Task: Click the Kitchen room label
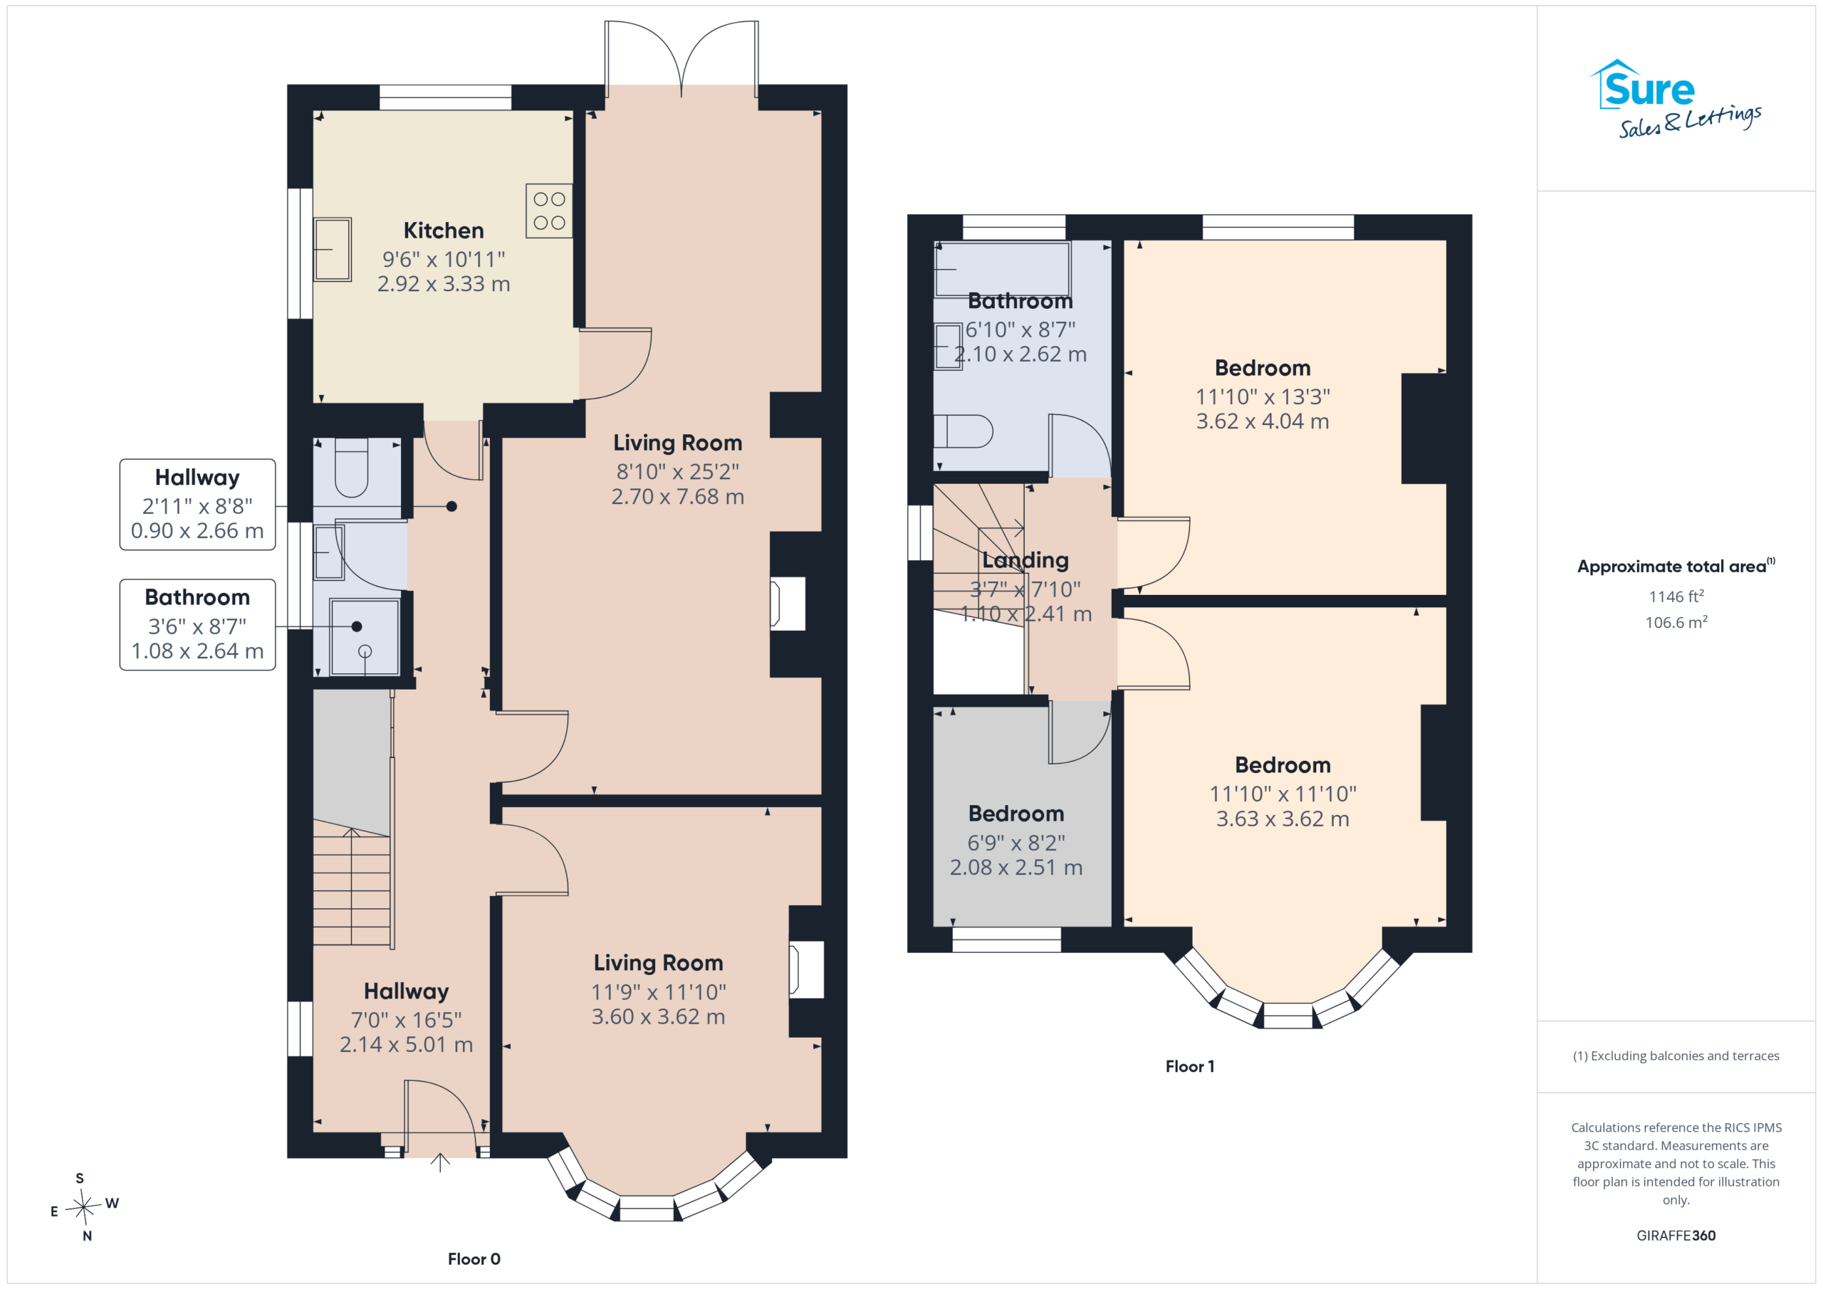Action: [443, 230]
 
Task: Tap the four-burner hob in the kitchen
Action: [548, 211]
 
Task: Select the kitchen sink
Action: [332, 249]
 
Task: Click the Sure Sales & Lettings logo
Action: [1676, 99]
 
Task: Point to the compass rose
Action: [83, 1206]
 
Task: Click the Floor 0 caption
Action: [474, 1259]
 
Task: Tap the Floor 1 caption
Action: [1189, 1066]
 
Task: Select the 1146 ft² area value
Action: [1676, 596]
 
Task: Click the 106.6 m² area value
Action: [1676, 622]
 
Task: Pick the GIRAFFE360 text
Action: [1676, 1235]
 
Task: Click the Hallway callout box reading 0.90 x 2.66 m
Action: [198, 504]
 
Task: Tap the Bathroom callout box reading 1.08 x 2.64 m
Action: [198, 625]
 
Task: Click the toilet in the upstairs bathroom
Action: [963, 432]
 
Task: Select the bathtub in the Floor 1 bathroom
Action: [1003, 269]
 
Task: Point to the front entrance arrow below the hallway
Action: [440, 1162]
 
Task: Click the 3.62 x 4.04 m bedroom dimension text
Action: [1263, 421]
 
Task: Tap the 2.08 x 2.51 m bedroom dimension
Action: [1016, 867]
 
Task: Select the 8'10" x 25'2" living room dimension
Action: [677, 471]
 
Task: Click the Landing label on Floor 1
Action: [1025, 560]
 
